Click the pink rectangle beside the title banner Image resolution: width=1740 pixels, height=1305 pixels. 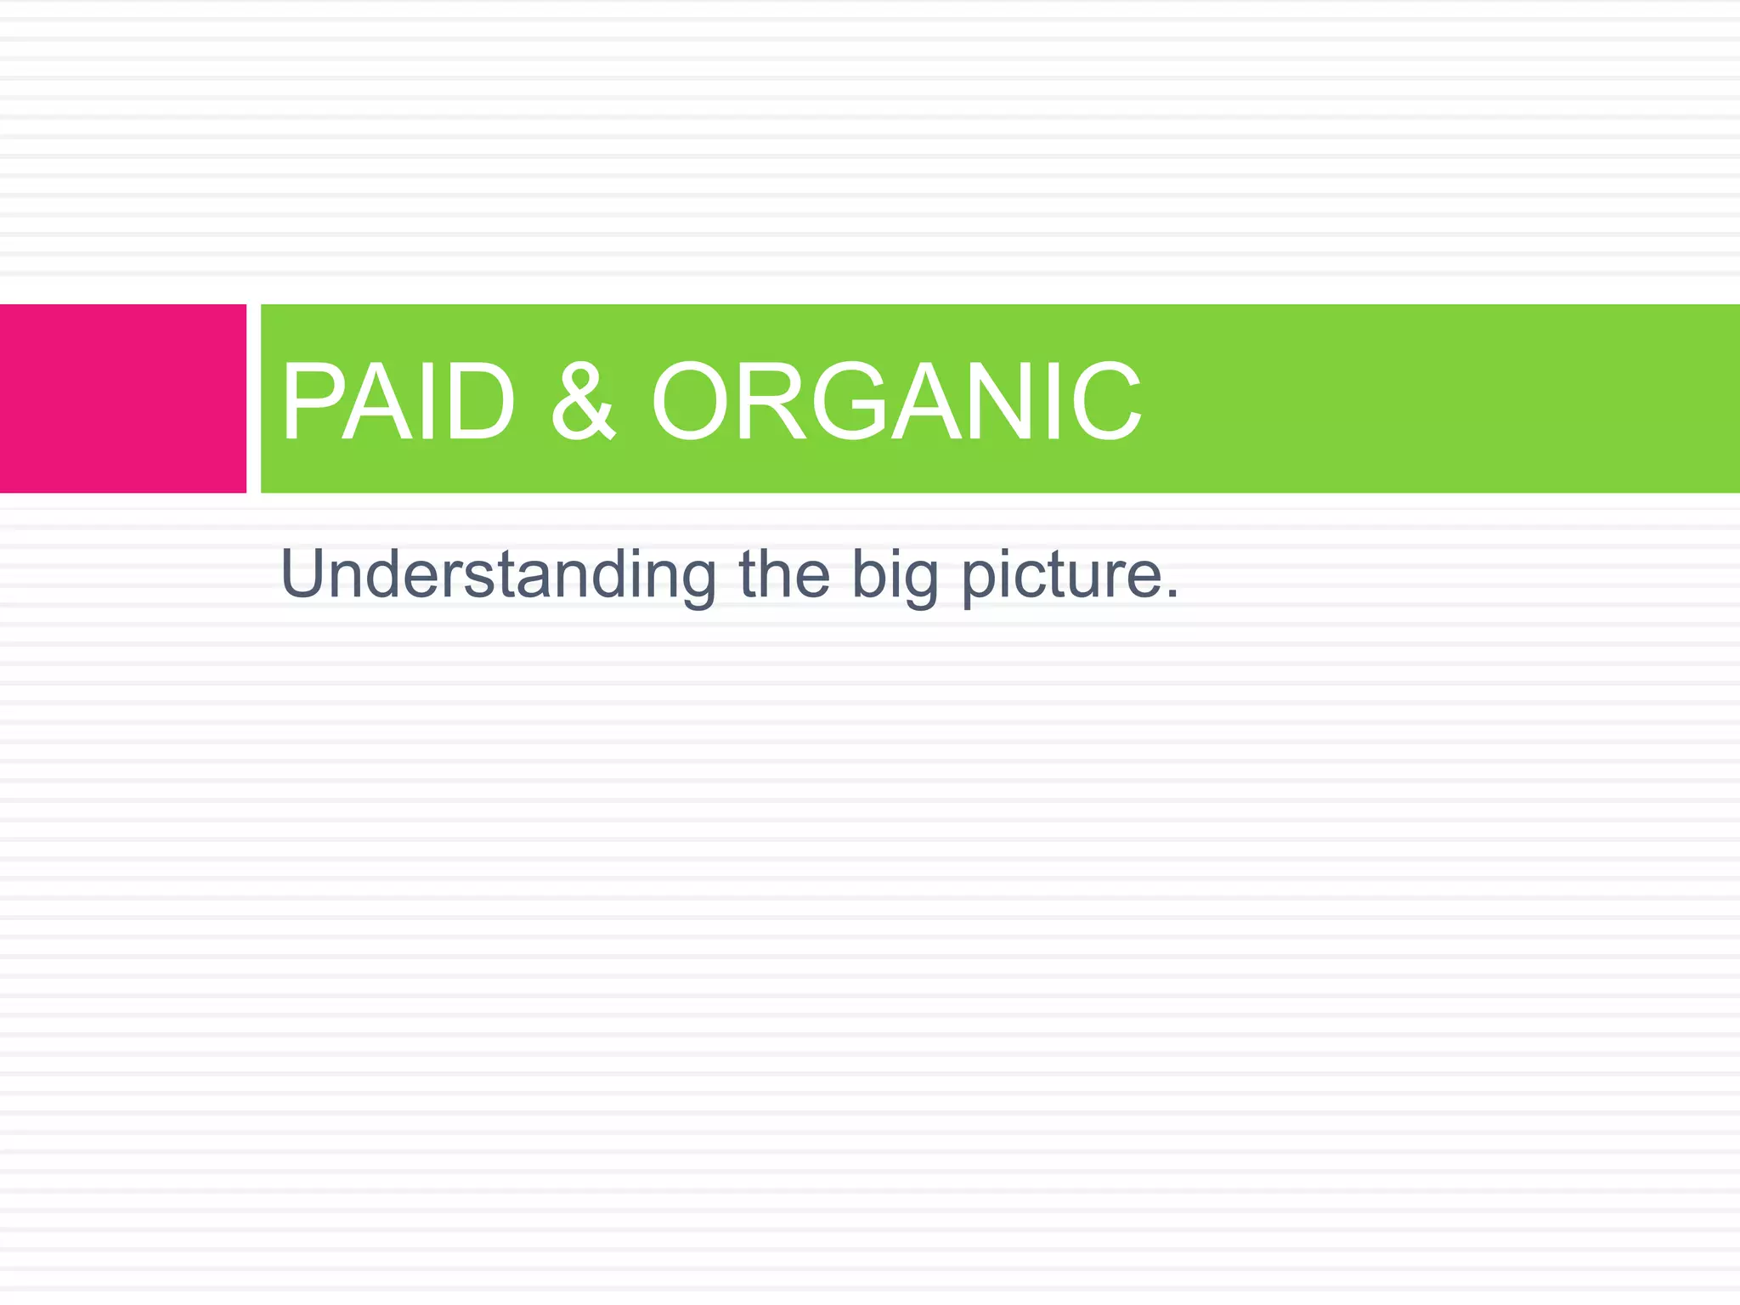[x=123, y=398]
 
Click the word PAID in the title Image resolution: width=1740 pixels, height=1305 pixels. [x=398, y=401]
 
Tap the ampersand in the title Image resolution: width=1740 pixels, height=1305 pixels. [x=582, y=401]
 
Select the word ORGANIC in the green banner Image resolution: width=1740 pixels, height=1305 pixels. [x=896, y=401]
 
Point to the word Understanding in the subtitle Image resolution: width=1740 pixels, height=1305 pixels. [x=498, y=576]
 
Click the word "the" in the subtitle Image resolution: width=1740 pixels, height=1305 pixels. [x=783, y=574]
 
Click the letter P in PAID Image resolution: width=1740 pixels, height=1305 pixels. [x=311, y=401]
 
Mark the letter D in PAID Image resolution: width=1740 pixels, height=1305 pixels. [x=480, y=401]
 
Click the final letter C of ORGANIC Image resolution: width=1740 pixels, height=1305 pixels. [x=1104, y=401]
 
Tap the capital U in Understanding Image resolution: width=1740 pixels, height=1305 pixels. [x=303, y=574]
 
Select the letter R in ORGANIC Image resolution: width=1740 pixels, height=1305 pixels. [x=774, y=401]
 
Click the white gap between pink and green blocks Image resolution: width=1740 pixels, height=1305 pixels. [x=253, y=398]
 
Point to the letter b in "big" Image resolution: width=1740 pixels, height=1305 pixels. [x=868, y=574]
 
